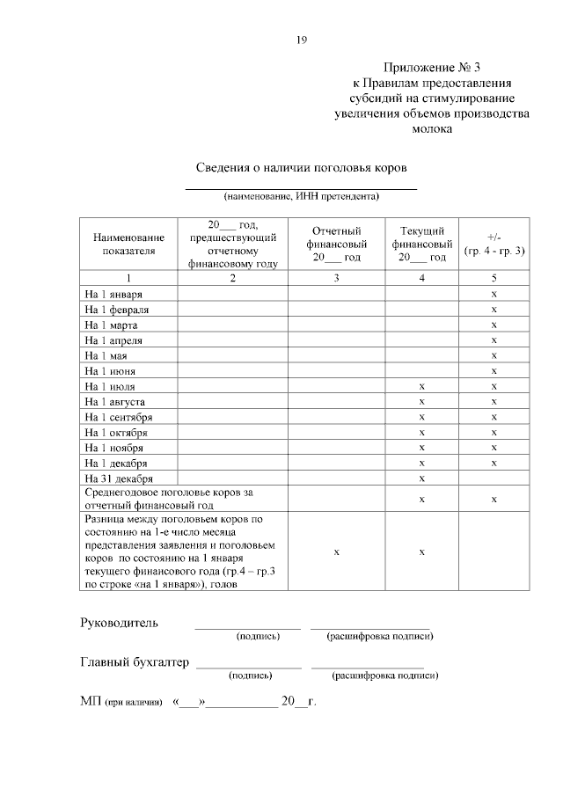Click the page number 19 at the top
click(x=301, y=40)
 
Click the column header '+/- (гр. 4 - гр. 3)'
click(x=494, y=244)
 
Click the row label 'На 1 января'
click(x=113, y=293)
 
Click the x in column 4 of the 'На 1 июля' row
click(x=422, y=386)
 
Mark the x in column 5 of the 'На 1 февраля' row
click(x=494, y=309)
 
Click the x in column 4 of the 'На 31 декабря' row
click(x=422, y=478)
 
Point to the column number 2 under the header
click(x=232, y=278)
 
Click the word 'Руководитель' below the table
click(x=120, y=624)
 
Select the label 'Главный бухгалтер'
click(x=135, y=663)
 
